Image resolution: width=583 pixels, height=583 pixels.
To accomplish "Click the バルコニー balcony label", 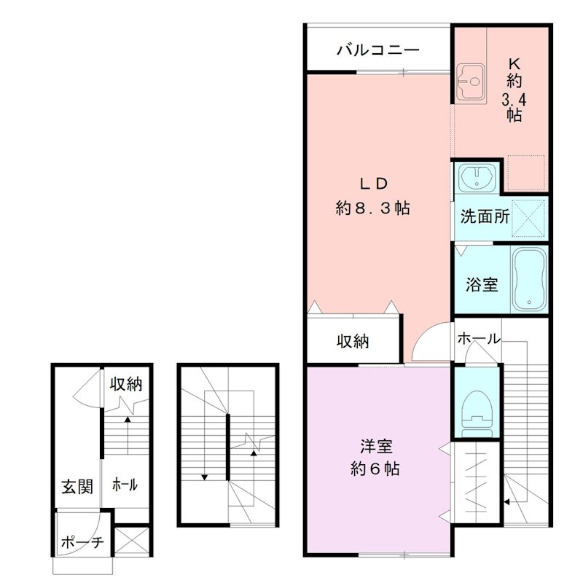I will coord(378,51).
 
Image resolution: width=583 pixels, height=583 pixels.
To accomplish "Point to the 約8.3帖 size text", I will coord(372,208).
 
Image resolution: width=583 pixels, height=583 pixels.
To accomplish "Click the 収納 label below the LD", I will coord(353,341).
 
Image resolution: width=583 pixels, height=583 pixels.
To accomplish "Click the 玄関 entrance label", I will coord(76,486).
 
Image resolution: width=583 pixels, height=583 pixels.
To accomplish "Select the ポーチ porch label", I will coord(82,542).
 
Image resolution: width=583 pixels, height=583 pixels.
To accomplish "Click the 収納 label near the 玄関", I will coord(125,384).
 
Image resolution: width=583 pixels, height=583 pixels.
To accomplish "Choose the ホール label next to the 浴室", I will coord(479,339).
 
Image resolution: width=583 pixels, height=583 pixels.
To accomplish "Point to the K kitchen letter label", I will coord(514,63).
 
